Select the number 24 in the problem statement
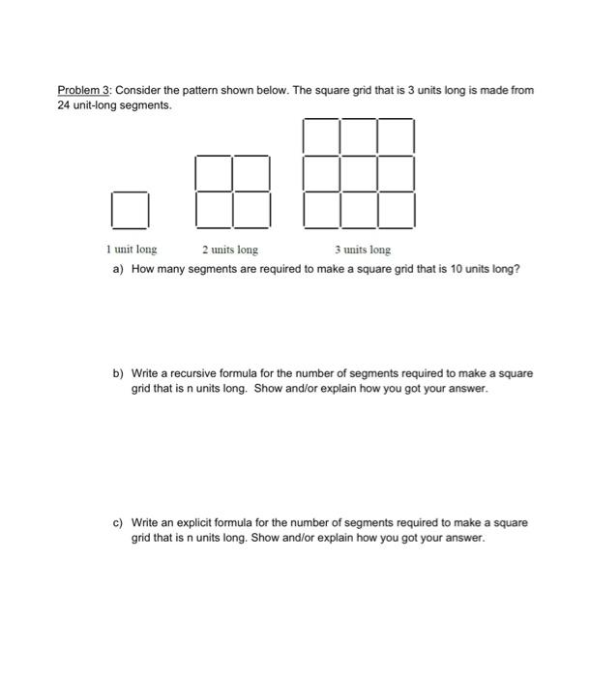pyautogui.click(x=64, y=103)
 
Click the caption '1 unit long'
pyautogui.click(x=132, y=250)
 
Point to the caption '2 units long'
pyautogui.click(x=230, y=250)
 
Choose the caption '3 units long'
pyautogui.click(x=363, y=250)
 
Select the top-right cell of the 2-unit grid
pyautogui.click(x=251, y=173)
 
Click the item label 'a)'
pyautogui.click(x=118, y=269)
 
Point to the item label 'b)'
pyautogui.click(x=118, y=373)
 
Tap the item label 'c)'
pyautogui.click(x=118, y=523)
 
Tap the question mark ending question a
pyautogui.click(x=517, y=269)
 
